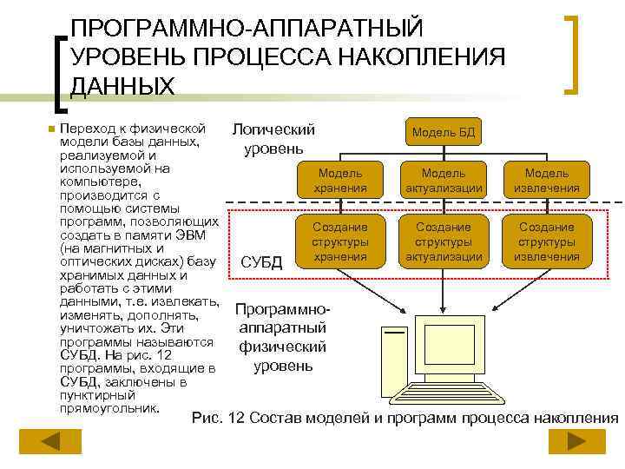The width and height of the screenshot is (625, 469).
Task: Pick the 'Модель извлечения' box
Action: click(547, 181)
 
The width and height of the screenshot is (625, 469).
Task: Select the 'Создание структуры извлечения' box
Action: click(547, 241)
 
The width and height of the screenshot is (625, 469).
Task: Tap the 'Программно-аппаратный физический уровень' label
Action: click(281, 338)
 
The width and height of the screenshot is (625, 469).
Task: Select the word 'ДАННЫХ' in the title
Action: click(122, 86)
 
